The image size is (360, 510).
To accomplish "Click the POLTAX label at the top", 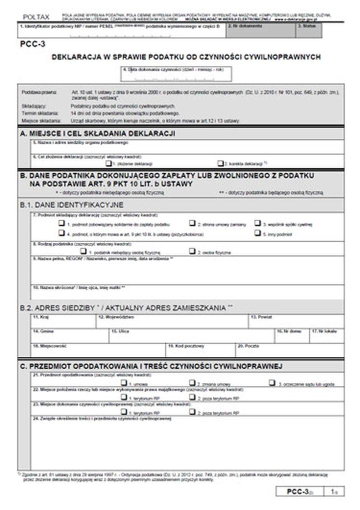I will (x=33, y=17).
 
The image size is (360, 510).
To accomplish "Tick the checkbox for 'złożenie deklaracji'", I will (x=108, y=163).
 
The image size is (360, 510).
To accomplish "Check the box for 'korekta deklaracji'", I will (x=220, y=163).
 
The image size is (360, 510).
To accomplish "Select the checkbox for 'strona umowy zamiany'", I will (x=192, y=223).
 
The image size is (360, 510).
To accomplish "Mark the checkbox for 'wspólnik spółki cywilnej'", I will (x=257, y=223).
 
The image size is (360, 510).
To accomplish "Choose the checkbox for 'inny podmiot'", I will (x=257, y=233).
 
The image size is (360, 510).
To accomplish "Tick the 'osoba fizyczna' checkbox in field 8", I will (x=192, y=252).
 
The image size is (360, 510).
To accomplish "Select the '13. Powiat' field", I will (x=296, y=323).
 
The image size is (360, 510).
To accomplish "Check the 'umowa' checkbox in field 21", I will (x=123, y=383).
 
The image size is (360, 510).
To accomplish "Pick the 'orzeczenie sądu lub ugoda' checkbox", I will (x=271, y=383).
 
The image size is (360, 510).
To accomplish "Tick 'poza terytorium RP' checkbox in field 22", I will (x=192, y=397).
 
